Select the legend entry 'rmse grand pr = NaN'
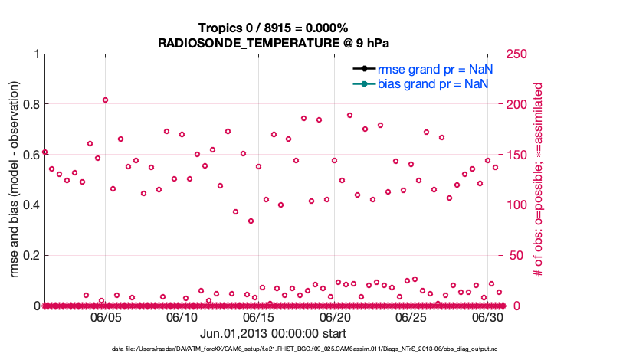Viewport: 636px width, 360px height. [434, 69]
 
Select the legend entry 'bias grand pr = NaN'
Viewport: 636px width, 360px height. [433, 83]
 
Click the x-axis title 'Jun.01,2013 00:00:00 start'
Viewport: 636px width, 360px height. [274, 333]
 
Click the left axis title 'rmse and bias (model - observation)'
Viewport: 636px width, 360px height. [15, 180]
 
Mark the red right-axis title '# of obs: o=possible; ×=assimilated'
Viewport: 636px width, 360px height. [539, 180]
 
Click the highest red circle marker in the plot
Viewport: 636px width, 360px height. [105, 100]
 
